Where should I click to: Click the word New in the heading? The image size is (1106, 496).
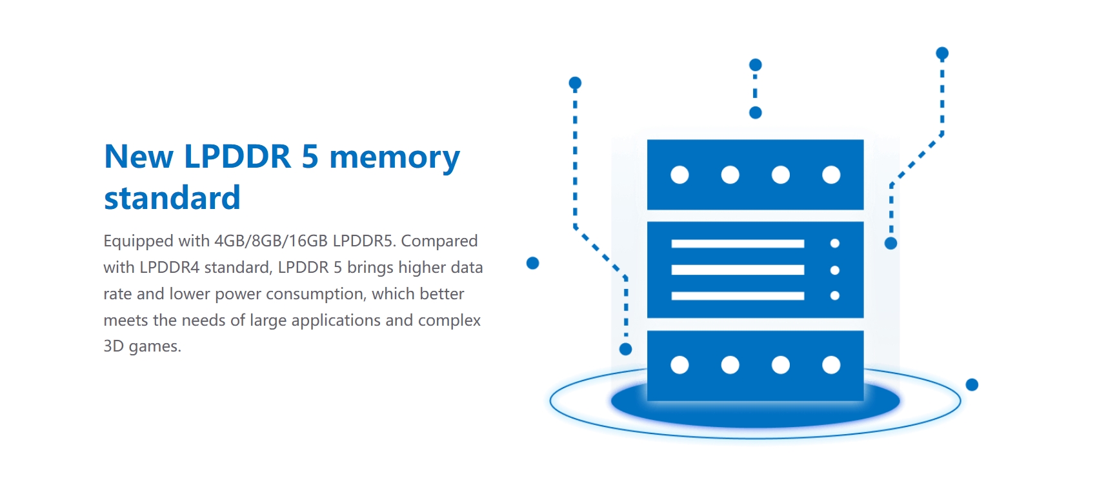coord(139,157)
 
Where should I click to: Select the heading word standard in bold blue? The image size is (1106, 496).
coord(172,197)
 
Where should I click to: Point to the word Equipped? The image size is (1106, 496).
coord(138,241)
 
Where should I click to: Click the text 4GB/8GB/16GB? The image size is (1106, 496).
coord(271,241)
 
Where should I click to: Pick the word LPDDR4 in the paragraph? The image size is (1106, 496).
coord(169,268)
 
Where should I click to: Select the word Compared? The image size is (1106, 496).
coord(439,241)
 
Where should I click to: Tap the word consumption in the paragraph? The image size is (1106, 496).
coord(316,294)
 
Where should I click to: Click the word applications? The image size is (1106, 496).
coord(336,321)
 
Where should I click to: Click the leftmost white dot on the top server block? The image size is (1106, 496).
coord(680,175)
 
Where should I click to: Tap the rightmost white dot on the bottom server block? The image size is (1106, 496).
coord(831,365)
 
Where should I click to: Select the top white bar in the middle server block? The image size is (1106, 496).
coord(738,244)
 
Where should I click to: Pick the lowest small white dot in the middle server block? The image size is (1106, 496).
coord(835,295)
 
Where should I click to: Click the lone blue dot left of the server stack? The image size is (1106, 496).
coord(533,263)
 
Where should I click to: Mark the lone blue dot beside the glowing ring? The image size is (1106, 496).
coord(972,385)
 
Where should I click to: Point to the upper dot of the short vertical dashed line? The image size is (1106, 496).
coord(756,64)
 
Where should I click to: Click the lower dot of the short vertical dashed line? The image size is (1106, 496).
coord(756,113)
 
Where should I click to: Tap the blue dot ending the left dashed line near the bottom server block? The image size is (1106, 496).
coord(625,350)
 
